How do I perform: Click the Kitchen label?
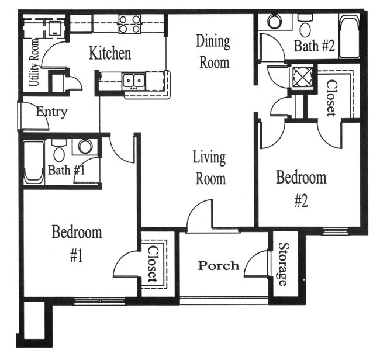pos(109,54)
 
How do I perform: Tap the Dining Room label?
pos(213,51)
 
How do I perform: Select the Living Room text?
pos(209,168)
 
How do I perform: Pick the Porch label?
pos(218,266)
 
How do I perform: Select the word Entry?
pos(52,112)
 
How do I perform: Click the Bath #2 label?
pos(313,46)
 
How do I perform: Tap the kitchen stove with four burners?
pos(130,24)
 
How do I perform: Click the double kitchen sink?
pos(133,80)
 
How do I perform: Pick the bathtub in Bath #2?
pos(348,37)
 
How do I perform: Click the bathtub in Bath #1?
pos(33,162)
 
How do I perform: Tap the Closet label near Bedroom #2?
pos(330,97)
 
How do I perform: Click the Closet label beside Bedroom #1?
pos(153,265)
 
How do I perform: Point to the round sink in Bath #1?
pos(85,146)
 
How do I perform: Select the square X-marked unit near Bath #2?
pos(302,77)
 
